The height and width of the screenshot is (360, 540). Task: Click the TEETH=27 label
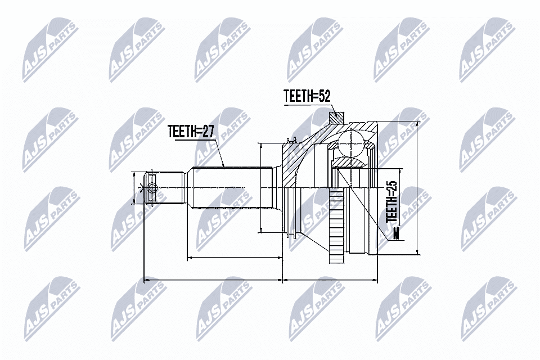pyautogui.click(x=191, y=132)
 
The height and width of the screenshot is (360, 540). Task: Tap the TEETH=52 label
pyautogui.click(x=306, y=97)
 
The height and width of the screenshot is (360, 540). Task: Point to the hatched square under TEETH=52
pyautogui.click(x=335, y=119)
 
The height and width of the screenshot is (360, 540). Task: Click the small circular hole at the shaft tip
pyautogui.click(x=152, y=190)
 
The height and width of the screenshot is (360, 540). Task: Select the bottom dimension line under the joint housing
pyautogui.click(x=330, y=278)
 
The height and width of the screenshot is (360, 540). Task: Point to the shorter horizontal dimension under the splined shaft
pyautogui.click(x=234, y=258)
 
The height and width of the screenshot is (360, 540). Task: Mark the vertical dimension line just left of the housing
pyautogui.click(x=261, y=187)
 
